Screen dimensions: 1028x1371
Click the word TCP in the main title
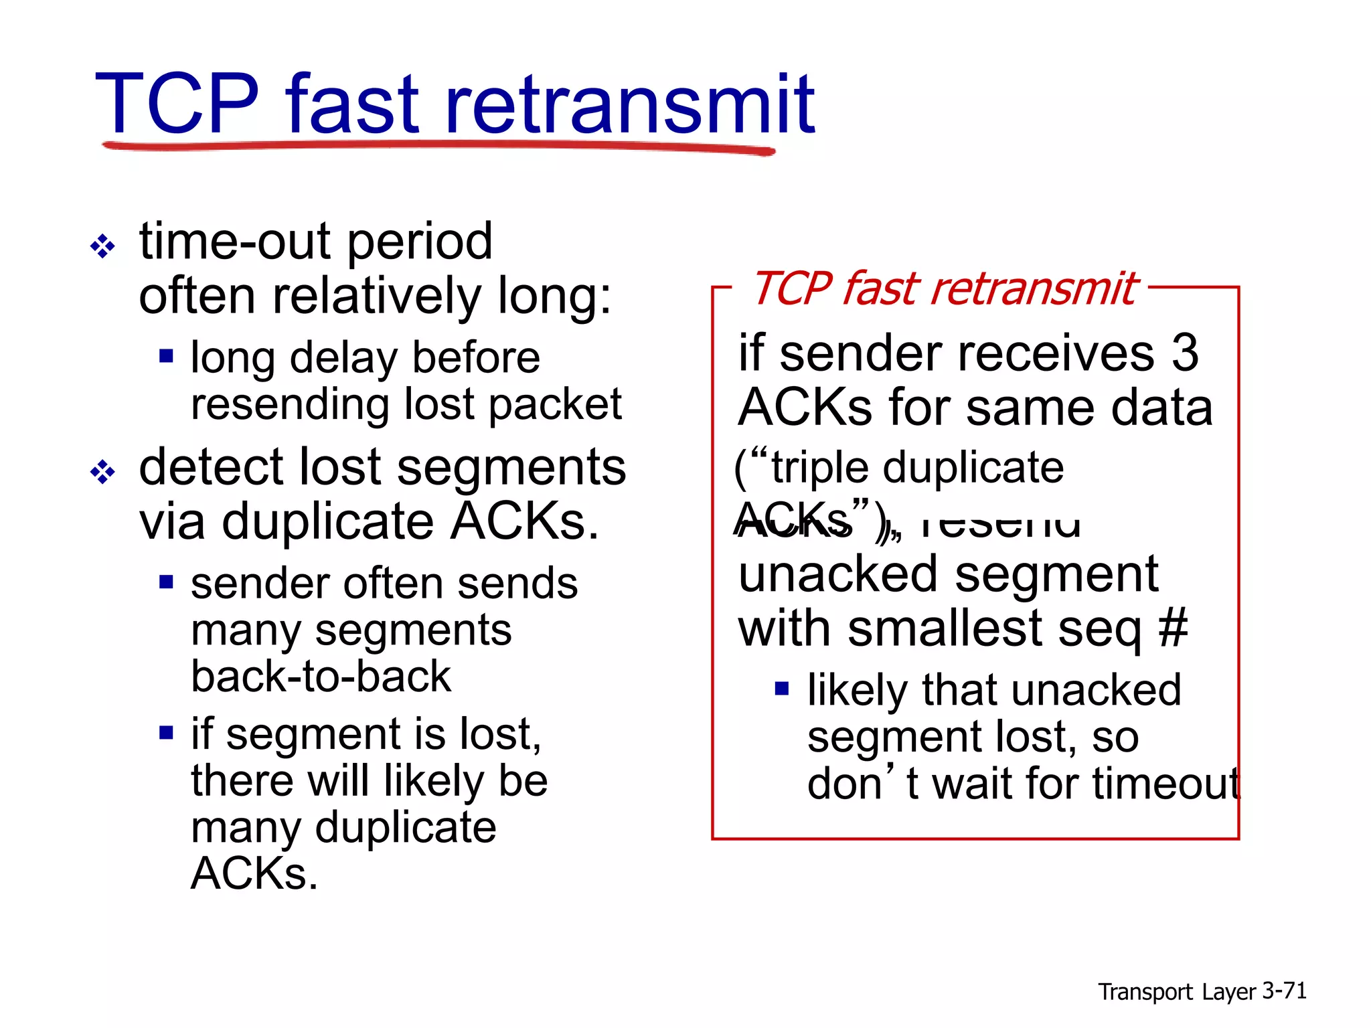[x=177, y=104]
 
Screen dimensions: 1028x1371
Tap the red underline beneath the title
[x=438, y=146]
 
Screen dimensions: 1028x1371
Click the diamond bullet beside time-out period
[x=103, y=246]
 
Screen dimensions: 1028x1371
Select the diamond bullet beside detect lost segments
[x=103, y=472]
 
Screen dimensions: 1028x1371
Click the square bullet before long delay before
[x=166, y=355]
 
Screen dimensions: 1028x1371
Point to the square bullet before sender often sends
[x=166, y=582]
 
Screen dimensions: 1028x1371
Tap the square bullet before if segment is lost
[x=166, y=732]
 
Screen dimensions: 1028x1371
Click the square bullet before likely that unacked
[x=781, y=688]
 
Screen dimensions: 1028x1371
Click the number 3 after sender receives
[x=1184, y=353]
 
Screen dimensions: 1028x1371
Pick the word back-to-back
[x=321, y=676]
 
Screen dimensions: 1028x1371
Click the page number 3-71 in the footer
[x=1284, y=991]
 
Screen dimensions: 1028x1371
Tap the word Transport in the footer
[x=1145, y=992]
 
